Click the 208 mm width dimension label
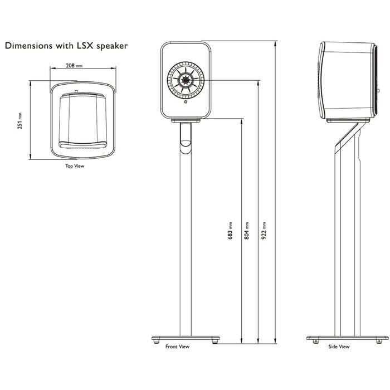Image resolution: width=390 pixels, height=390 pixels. pyautogui.click(x=74, y=66)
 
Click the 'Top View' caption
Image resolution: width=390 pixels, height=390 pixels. pyautogui.click(x=75, y=166)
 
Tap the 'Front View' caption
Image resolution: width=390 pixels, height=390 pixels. pyautogui.click(x=177, y=347)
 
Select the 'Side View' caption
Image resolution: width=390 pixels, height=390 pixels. pyautogui.click(x=338, y=347)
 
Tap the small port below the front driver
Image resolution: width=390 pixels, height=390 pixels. pyautogui.click(x=186, y=102)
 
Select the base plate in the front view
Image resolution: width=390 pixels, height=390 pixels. pyautogui.click(x=186, y=338)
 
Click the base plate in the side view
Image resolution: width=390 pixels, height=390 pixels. pyautogui.click(x=347, y=338)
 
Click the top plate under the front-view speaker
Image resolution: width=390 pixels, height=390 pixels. pyautogui.click(x=186, y=120)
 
